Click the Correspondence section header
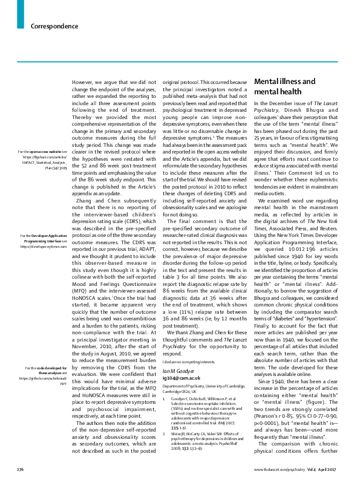pos(54,27)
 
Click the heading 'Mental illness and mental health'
pos(284,87)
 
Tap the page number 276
pos(19,468)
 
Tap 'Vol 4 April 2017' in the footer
pos(327,468)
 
